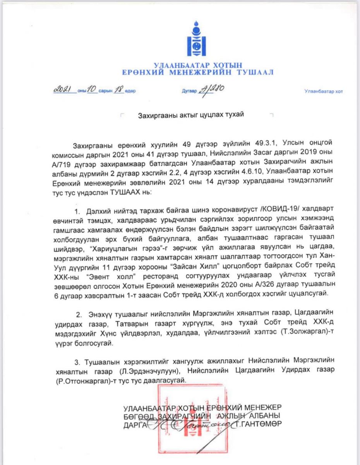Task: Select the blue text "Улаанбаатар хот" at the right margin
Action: [x=323, y=91]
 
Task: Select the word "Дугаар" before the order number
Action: [x=189, y=91]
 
